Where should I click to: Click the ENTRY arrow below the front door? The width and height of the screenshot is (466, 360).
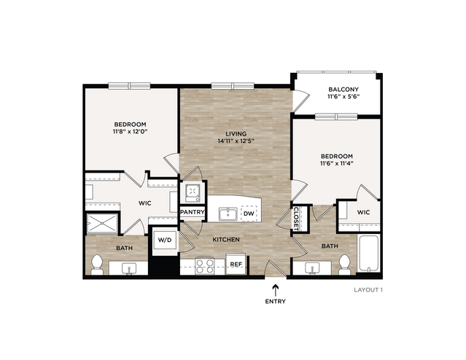tap(276, 290)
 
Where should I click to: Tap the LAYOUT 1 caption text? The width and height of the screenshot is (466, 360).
tap(368, 289)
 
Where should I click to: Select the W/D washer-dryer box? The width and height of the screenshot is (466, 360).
tap(165, 240)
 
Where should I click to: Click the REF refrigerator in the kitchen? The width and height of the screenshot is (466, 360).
tap(236, 264)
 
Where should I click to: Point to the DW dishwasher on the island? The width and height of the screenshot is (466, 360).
tap(249, 214)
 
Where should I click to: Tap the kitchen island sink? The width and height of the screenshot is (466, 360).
tap(228, 214)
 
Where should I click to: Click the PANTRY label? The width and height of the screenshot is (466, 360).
tap(193, 212)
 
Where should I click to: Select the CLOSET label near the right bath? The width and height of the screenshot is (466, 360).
tap(295, 219)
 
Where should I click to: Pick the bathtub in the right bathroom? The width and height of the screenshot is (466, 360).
tap(368, 253)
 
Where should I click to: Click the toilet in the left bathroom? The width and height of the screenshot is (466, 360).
tap(97, 265)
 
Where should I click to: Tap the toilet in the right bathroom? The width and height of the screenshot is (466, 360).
tap(345, 265)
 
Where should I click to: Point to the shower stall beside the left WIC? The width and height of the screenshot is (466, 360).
tap(103, 223)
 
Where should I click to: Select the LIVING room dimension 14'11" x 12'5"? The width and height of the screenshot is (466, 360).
tap(236, 141)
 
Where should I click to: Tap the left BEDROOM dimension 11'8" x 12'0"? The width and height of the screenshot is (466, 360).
tap(130, 131)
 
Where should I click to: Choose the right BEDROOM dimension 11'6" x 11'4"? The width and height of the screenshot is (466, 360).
tap(337, 163)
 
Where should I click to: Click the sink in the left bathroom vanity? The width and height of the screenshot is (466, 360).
tap(129, 269)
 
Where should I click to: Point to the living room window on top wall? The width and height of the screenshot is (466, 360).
tap(233, 86)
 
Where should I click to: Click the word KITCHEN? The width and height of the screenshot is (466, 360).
tap(226, 240)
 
